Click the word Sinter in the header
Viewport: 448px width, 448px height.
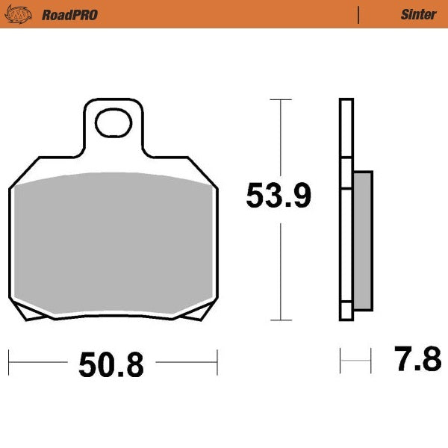[418, 14]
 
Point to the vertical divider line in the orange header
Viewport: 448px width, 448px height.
[359, 14]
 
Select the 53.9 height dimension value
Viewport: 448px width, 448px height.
[279, 197]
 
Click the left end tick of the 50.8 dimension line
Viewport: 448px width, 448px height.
[9, 362]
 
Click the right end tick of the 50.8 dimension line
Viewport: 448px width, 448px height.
[217, 362]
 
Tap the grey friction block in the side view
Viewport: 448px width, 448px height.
[361, 239]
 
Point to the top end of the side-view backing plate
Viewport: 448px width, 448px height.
[344, 101]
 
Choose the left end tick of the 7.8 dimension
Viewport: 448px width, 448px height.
[340, 361]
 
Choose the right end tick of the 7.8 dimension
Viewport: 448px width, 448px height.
[371, 361]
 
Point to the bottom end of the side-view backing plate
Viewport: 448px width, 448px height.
[344, 320]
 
